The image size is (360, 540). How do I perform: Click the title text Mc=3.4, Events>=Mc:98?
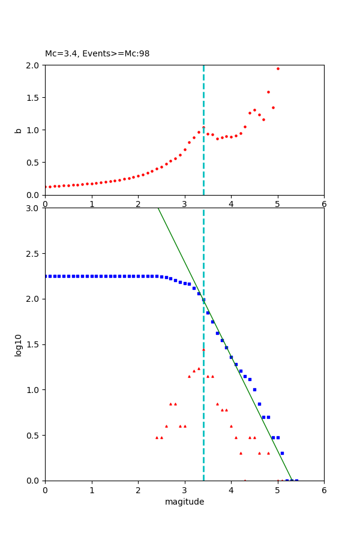(97, 53)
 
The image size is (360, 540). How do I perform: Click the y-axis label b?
(18, 130)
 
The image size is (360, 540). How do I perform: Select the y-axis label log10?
(18, 344)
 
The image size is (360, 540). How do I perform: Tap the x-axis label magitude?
(184, 502)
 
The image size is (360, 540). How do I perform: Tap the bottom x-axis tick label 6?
(324, 490)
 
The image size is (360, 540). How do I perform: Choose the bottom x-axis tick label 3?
(184, 490)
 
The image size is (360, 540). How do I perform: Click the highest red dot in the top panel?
(278, 68)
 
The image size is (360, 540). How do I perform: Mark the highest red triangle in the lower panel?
(203, 349)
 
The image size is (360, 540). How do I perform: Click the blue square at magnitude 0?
(46, 276)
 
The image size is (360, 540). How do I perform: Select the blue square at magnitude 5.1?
(282, 453)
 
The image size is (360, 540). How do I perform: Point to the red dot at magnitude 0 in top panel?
(46, 187)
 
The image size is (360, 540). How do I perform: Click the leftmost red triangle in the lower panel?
(157, 437)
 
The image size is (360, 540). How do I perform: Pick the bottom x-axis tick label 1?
(91, 490)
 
